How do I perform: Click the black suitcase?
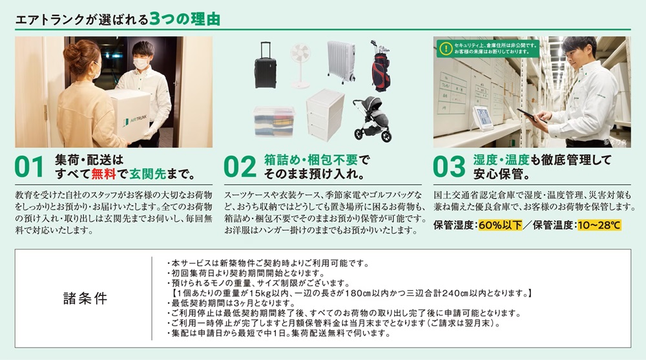pos(265,65)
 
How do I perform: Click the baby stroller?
pos(373,119)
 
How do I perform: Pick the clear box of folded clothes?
pos(274,122)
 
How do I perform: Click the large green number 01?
pos(29,167)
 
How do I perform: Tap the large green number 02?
pos(240,167)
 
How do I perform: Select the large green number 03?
pos(449,167)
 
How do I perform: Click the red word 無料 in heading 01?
pos(103,174)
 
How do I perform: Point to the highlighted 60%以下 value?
pos(500,225)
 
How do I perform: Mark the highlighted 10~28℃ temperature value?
pos(599,225)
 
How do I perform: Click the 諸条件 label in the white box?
pos(85,298)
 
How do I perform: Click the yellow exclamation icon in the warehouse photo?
pos(445,48)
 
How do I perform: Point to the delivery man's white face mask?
pos(141,63)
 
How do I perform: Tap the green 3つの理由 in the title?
pos(185,19)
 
